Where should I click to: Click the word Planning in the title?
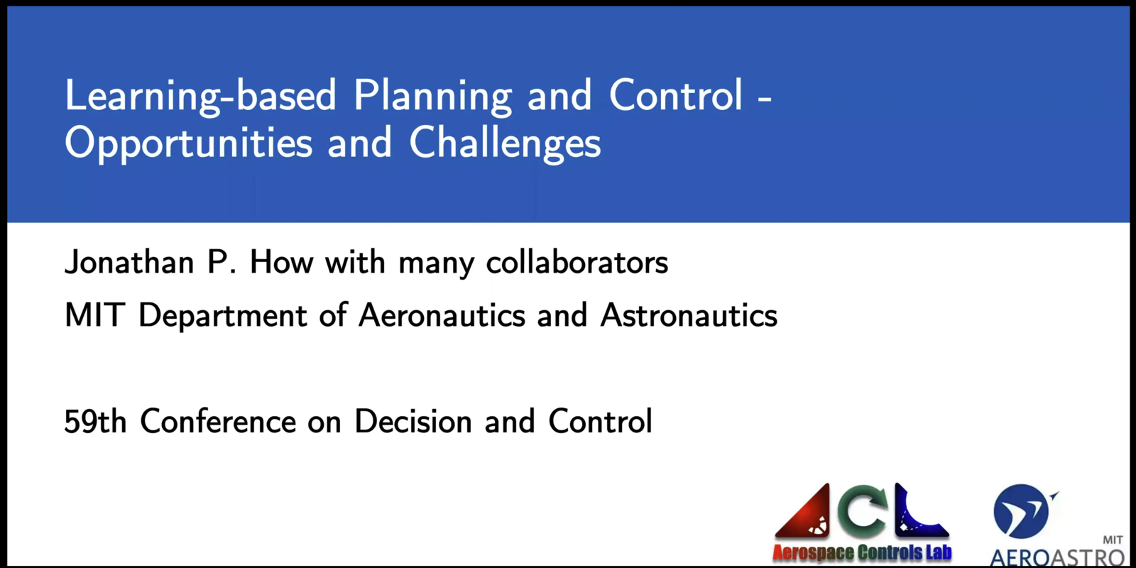[x=432, y=97]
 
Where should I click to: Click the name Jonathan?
[x=129, y=263]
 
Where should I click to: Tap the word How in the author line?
[x=281, y=263]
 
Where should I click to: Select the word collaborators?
[x=577, y=263]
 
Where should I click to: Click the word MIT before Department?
[x=95, y=315]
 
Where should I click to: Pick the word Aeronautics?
[x=442, y=315]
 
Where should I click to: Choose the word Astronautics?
[x=689, y=315]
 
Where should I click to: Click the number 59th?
[x=95, y=422]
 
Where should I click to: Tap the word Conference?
[x=218, y=422]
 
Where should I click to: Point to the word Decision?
[x=413, y=422]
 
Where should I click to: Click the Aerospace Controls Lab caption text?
[x=862, y=552]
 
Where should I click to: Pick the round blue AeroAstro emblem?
[x=1022, y=511]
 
